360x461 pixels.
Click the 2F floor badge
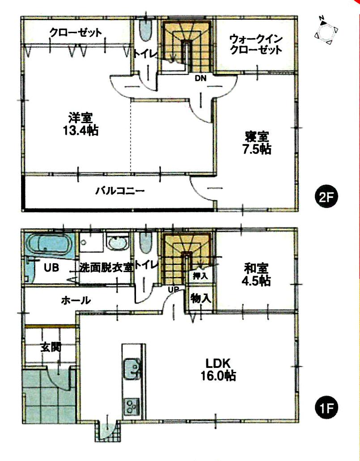(326, 197)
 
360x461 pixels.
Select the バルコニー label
(119, 191)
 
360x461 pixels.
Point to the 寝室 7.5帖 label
(257, 142)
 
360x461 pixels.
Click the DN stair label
(200, 78)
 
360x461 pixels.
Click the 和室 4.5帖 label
(256, 274)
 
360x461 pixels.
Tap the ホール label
(76, 300)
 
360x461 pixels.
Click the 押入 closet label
(200, 276)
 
